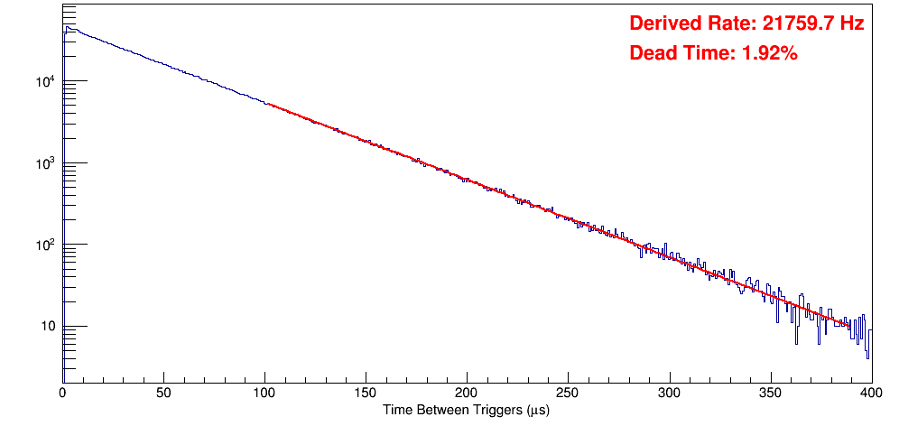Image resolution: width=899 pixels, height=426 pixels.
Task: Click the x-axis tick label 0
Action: coord(62,394)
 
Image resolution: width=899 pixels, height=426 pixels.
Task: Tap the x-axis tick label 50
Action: coord(163,394)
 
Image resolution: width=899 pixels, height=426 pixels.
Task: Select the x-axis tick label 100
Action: coord(264,394)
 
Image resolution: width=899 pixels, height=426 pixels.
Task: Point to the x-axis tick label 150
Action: coord(366,394)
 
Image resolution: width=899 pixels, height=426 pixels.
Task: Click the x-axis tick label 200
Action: coord(467,394)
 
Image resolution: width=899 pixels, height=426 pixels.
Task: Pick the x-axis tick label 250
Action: coord(568,394)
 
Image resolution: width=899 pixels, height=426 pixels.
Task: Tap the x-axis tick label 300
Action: coord(669,394)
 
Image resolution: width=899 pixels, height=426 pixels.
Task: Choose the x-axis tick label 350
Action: coord(770,394)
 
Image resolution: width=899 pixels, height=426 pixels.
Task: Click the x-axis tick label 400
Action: coord(870,394)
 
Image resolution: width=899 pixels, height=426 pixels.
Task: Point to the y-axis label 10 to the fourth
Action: coord(44,82)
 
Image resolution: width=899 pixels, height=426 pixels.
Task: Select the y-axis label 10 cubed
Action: coord(44,163)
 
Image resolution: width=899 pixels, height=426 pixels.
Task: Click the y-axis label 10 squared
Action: coord(44,245)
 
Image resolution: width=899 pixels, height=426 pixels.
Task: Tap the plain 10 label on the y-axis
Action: coord(47,327)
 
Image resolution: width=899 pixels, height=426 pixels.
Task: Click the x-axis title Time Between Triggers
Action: coord(466,411)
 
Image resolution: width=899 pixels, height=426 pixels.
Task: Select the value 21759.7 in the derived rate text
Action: coord(794,24)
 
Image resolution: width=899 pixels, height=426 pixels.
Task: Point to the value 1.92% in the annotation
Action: coord(769,53)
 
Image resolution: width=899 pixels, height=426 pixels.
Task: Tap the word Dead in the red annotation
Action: coord(651,53)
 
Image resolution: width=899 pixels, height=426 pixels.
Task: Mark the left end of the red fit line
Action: coord(267,105)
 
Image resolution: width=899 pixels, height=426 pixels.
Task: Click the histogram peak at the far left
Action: coord(67,28)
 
